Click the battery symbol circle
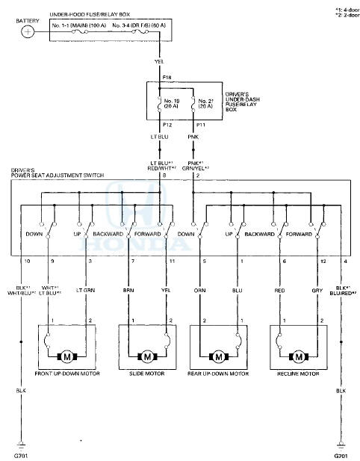pos(28,31)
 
